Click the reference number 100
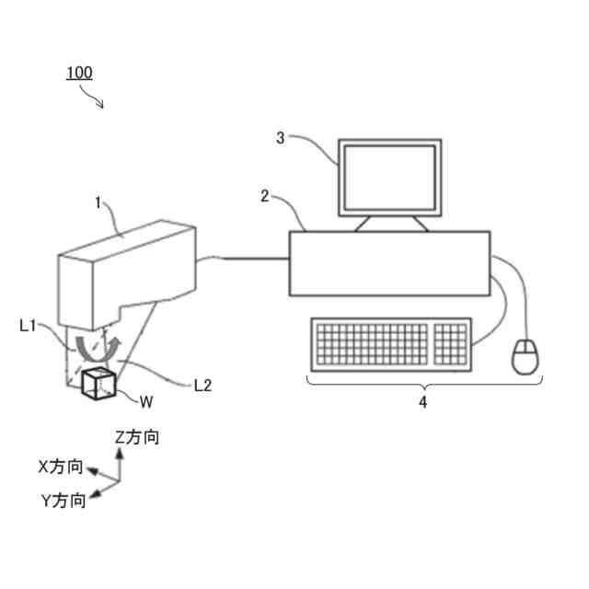coord(79,73)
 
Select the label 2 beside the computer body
coord(265,196)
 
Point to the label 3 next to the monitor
coord(281,138)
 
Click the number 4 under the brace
coord(423,401)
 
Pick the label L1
coord(29,325)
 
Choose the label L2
coord(203,386)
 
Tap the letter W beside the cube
coord(146,401)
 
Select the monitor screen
coord(389,177)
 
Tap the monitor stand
coord(391,224)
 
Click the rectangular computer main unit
coord(389,263)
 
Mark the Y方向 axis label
coord(64,502)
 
